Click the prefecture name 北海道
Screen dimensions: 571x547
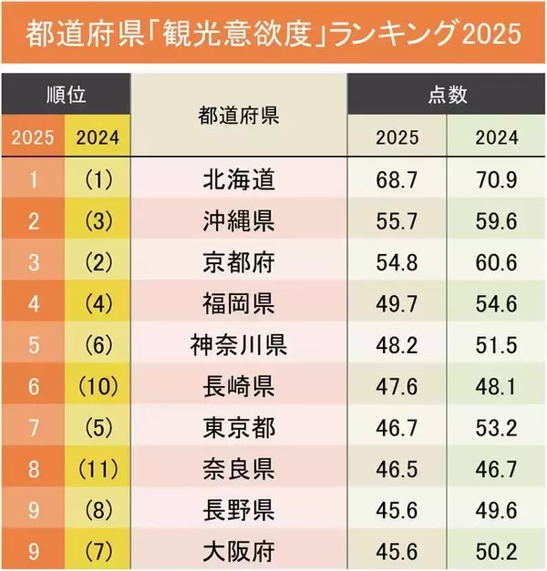238,179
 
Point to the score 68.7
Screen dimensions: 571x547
397,179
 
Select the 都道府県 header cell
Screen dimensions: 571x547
238,116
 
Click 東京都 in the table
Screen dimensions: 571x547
238,426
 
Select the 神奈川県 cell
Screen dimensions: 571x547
238,344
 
